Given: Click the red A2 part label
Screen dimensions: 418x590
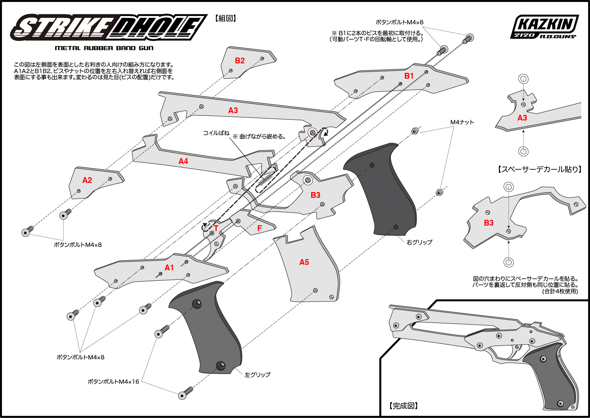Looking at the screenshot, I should pyautogui.click(x=87, y=180).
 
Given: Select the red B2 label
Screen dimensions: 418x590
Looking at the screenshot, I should pyautogui.click(x=240, y=61).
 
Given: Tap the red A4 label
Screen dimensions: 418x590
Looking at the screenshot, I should pyautogui.click(x=183, y=161).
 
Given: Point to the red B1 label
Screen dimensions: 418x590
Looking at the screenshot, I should pyautogui.click(x=409, y=76).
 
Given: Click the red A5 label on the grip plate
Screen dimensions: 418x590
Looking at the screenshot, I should pyautogui.click(x=304, y=262).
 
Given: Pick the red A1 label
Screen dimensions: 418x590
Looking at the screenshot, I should pyautogui.click(x=169, y=268).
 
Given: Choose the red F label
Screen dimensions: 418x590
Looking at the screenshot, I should pyautogui.click(x=259, y=228).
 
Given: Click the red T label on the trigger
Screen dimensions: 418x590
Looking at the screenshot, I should pyautogui.click(x=216, y=228).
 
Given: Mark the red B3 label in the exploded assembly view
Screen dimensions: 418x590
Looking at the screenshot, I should pyautogui.click(x=315, y=195).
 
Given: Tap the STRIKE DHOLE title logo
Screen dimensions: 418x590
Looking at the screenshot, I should pyautogui.click(x=108, y=27).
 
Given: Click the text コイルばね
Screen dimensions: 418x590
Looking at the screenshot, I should pyautogui.click(x=216, y=133).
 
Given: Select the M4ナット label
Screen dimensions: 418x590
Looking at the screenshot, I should pyautogui.click(x=462, y=122).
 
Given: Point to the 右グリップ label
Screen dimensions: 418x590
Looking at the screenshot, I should pyautogui.click(x=419, y=242).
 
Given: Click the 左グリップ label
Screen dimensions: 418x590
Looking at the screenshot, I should pyautogui.click(x=257, y=375).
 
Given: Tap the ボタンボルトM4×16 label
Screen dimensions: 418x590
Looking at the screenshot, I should pyautogui.click(x=113, y=382).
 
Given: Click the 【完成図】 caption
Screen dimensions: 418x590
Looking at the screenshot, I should pyautogui.click(x=403, y=406).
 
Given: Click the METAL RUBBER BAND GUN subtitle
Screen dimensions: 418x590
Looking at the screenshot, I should pyautogui.click(x=104, y=48).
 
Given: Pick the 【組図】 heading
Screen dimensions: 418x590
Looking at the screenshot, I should pyautogui.click(x=226, y=18).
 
